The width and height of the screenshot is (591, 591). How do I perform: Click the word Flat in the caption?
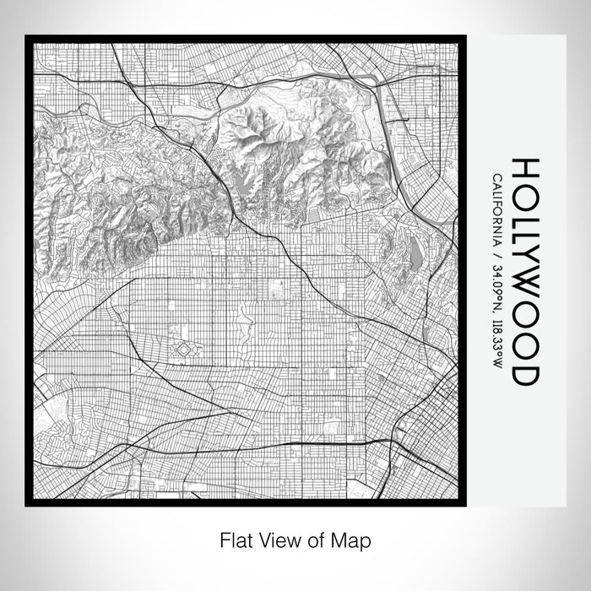(x=234, y=539)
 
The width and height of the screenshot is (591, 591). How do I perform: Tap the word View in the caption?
(x=278, y=539)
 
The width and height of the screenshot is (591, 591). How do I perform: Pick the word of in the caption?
(x=316, y=539)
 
